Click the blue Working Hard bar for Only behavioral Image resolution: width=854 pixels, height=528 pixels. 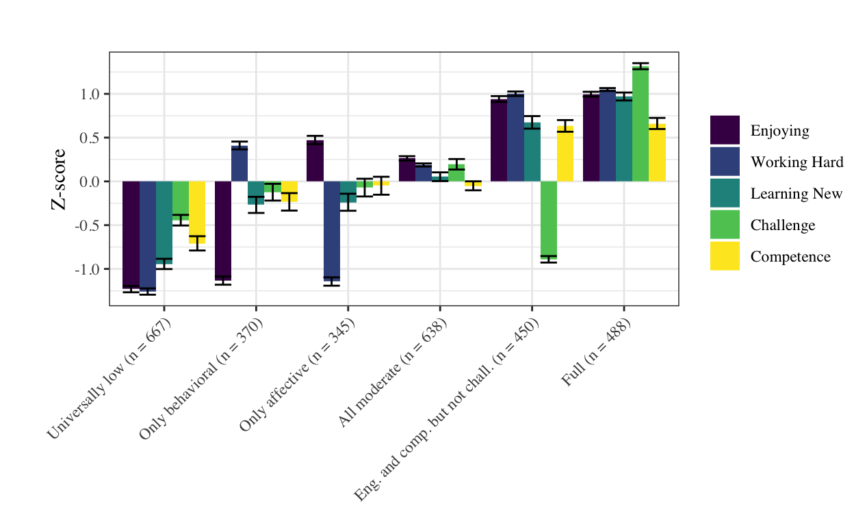tap(240, 164)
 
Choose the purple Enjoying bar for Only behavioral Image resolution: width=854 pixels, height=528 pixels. tap(222, 230)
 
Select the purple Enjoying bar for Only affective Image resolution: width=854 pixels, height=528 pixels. tap(315, 162)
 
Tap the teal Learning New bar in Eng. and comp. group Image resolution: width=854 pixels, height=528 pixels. tap(532, 152)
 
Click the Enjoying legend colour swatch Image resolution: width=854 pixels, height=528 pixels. tap(725, 130)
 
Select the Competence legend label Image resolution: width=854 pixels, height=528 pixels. tap(790, 257)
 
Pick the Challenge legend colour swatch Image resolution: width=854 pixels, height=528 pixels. tap(725, 225)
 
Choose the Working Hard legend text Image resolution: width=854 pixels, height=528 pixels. tap(797, 162)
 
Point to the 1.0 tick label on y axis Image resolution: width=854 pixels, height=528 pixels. tap(90, 95)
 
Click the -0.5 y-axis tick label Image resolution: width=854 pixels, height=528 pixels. tap(88, 226)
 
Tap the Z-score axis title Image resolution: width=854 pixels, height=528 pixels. tap(59, 179)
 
